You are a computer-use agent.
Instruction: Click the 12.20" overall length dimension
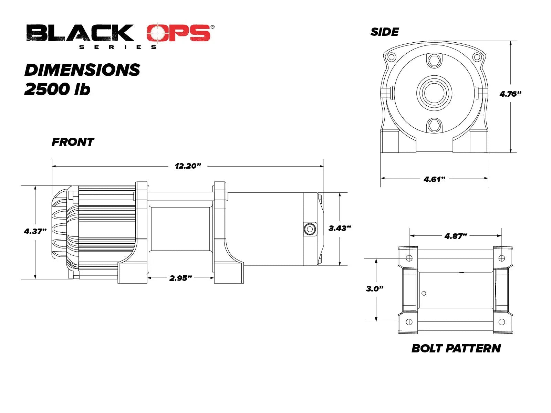point(188,166)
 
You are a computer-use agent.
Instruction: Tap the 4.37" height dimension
point(35,231)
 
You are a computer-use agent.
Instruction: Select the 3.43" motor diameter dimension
point(340,228)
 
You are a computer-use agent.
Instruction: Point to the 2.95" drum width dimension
point(180,278)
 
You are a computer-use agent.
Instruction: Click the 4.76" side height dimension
point(510,94)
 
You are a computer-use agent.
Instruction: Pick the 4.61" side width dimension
point(434,179)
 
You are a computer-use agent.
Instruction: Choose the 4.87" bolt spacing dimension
point(456,236)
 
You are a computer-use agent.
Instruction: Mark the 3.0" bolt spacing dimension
point(375,289)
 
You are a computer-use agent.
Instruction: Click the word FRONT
point(73,142)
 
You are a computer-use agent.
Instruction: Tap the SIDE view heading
point(385,32)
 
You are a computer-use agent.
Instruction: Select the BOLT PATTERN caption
point(456,349)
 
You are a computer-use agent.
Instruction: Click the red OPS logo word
point(179,33)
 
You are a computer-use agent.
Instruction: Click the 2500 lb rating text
point(57,89)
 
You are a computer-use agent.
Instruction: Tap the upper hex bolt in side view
point(434,61)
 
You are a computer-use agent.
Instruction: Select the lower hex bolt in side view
point(434,125)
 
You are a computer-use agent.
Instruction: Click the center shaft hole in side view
point(434,93)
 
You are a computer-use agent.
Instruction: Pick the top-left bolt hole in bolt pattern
point(409,258)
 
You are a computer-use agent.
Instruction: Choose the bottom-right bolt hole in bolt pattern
point(501,322)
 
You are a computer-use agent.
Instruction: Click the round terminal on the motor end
point(310,229)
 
